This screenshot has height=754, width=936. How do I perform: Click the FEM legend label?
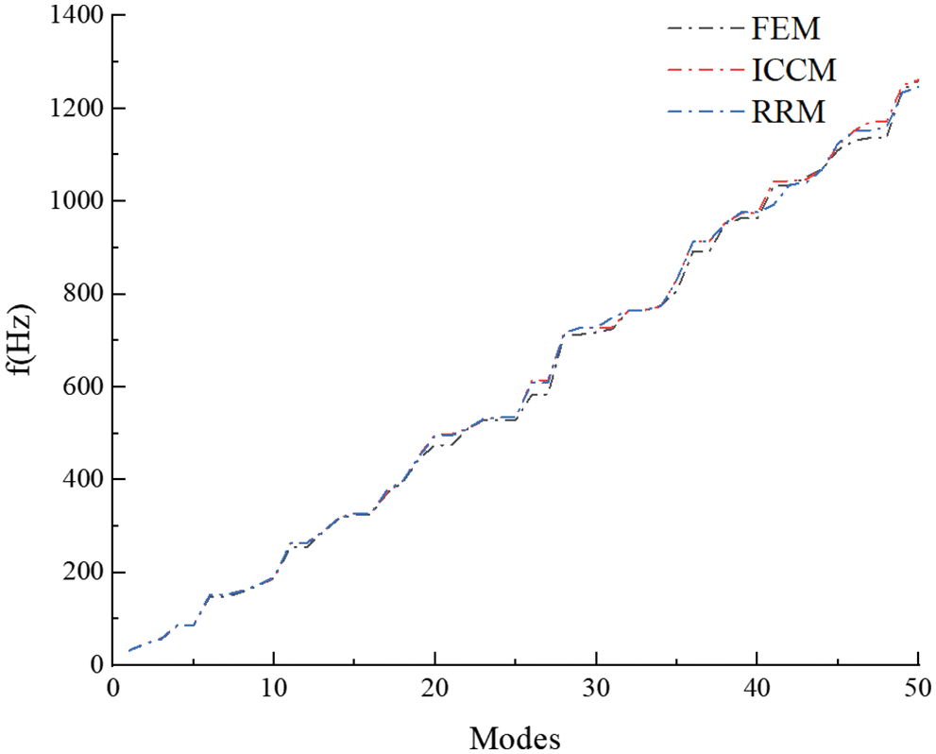[x=785, y=29]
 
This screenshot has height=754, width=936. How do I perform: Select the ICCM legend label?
[x=794, y=71]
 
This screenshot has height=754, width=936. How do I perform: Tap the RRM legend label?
[x=789, y=113]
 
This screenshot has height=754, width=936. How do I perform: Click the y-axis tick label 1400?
[x=76, y=17]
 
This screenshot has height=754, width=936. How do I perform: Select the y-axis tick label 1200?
[x=76, y=110]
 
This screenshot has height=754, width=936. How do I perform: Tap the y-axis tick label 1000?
[x=76, y=202]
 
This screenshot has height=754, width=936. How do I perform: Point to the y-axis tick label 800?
[x=82, y=295]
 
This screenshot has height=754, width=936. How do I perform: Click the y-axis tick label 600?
[x=82, y=387]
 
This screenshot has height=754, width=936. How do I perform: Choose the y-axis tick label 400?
[x=82, y=480]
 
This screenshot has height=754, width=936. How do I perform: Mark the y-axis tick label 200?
[x=82, y=573]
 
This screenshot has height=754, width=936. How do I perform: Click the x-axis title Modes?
[x=515, y=735]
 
